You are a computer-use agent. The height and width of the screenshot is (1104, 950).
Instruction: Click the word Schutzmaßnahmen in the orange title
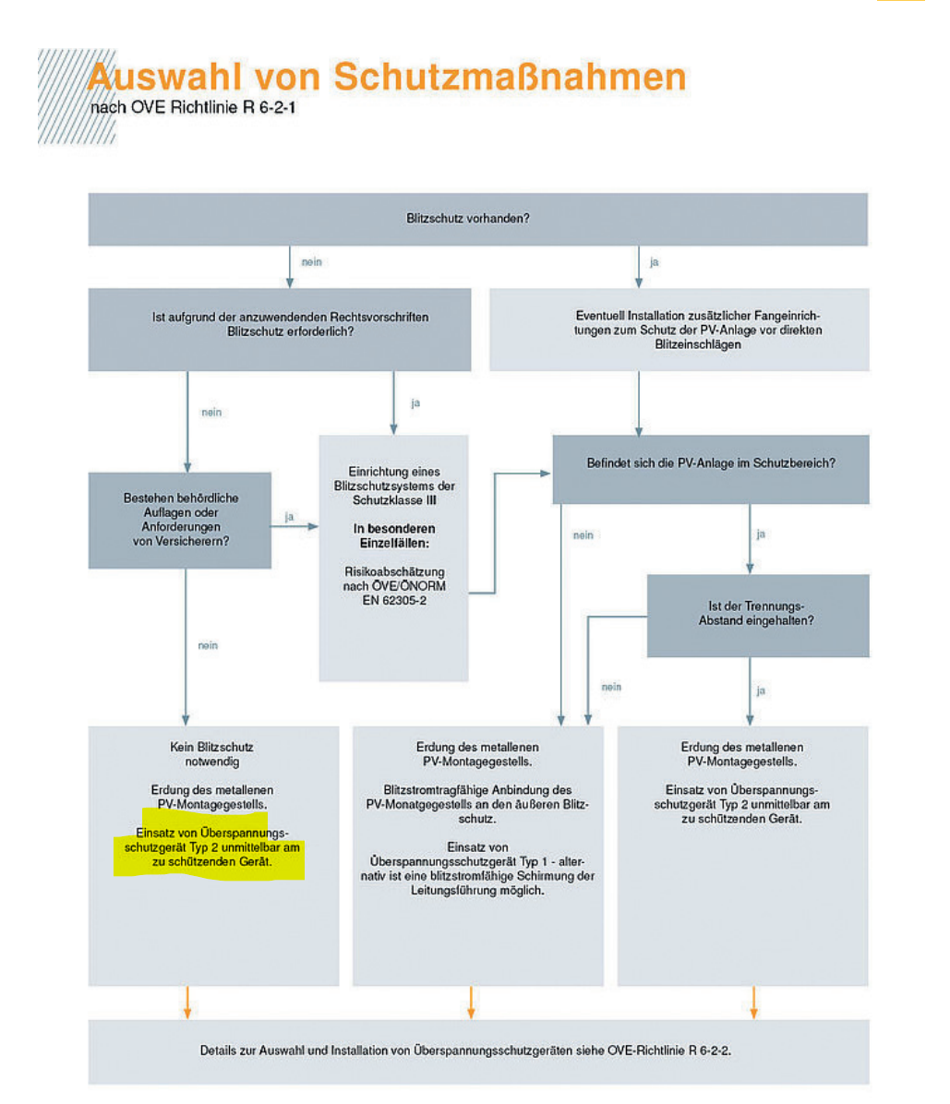tap(510, 77)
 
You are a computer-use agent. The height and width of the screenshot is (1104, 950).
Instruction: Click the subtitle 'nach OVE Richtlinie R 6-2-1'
tap(193, 108)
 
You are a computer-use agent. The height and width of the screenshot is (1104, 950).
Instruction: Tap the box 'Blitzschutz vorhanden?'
tap(478, 219)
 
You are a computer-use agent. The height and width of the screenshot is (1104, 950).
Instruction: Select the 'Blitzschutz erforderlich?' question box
tap(280, 330)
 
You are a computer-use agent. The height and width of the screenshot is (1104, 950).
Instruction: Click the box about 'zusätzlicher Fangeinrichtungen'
tap(679, 330)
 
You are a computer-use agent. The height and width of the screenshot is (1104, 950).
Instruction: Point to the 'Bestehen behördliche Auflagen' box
tap(180, 521)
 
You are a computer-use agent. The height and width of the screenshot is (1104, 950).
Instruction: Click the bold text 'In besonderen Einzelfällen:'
tap(394, 535)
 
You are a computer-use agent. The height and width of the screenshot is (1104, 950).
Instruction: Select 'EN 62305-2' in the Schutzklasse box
tap(394, 601)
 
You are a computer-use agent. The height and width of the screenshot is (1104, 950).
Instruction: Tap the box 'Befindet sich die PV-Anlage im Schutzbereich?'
tap(711, 469)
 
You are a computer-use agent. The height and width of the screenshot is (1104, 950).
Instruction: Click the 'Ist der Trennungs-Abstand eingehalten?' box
tap(759, 616)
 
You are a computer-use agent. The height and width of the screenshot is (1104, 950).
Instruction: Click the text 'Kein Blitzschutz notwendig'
tap(212, 754)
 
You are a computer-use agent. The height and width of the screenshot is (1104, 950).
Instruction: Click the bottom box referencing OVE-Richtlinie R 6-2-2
tap(479, 1052)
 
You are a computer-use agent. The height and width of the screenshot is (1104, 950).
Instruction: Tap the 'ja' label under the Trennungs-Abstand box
tap(761, 690)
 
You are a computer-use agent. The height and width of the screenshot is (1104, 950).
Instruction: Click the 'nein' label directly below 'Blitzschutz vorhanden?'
tap(312, 262)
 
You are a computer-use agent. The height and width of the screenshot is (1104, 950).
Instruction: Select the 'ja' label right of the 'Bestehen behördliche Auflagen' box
tap(289, 517)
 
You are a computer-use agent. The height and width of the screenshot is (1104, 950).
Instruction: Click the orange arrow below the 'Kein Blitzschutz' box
tap(187, 1002)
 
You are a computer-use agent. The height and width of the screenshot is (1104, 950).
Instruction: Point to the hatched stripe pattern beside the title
tap(77, 96)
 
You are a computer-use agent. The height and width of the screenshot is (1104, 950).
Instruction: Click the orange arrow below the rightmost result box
tap(753, 1002)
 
